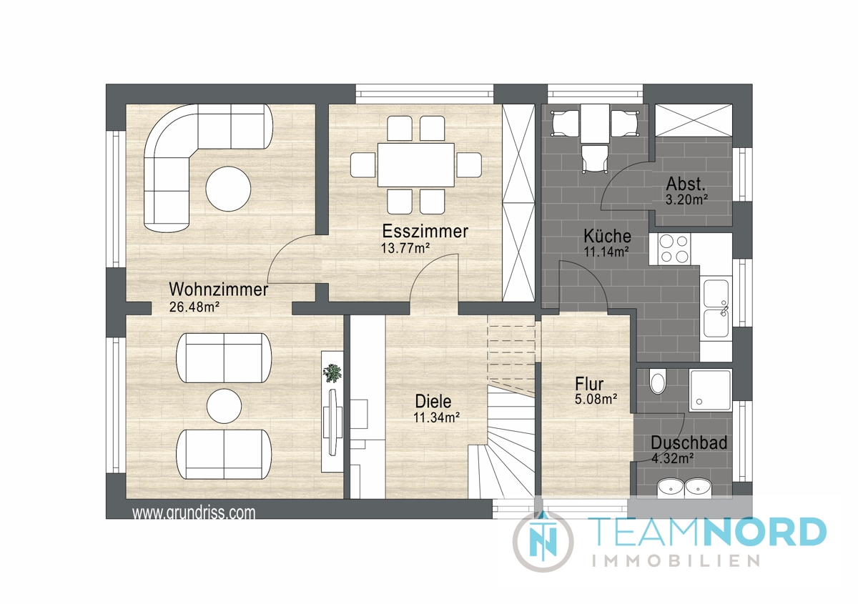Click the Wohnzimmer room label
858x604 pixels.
218,289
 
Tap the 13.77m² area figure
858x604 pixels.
405,248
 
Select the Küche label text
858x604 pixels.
607,236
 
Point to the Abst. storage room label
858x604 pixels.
686,184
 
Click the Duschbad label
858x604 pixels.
689,442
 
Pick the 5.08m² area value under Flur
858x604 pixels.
596,399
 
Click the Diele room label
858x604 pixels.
433,401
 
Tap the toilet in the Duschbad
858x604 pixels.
658,381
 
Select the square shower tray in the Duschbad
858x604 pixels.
711,390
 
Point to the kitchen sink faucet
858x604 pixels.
724,310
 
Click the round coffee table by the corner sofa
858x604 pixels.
228,189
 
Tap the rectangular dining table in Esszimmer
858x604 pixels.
416,164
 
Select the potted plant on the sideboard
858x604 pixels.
332,373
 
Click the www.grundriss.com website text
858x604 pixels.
194,513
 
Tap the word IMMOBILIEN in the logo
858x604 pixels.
676,561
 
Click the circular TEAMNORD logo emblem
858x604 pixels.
543,541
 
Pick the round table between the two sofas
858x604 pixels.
224,407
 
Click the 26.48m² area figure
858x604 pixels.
194,307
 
